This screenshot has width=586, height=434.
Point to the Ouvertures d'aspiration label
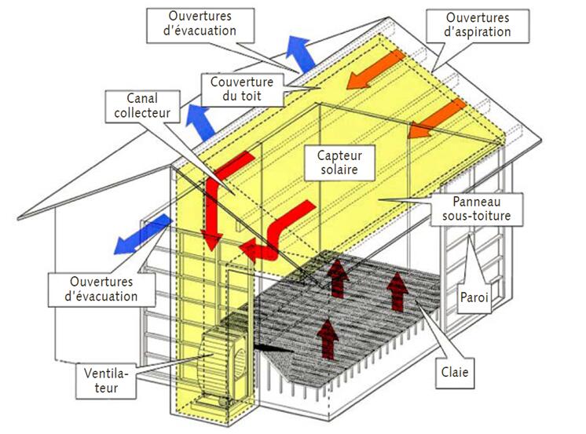(477, 24)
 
